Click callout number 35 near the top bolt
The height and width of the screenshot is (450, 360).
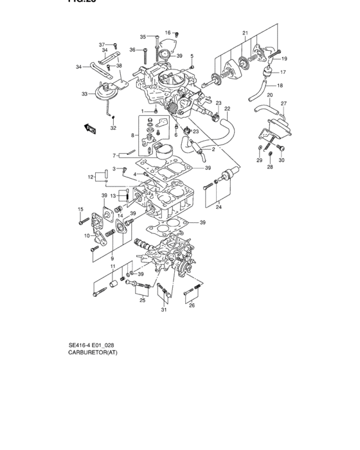click(143, 37)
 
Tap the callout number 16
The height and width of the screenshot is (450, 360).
click(168, 32)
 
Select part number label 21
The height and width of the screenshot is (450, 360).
click(245, 32)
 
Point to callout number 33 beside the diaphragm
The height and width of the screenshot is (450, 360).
click(85, 94)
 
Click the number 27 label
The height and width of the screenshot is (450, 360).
click(284, 103)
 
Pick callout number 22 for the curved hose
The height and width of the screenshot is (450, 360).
click(227, 109)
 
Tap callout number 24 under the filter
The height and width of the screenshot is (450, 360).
click(218, 207)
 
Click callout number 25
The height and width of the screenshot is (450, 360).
click(141, 300)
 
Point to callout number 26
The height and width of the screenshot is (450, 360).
click(191, 305)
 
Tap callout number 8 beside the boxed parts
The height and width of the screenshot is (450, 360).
click(134, 136)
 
